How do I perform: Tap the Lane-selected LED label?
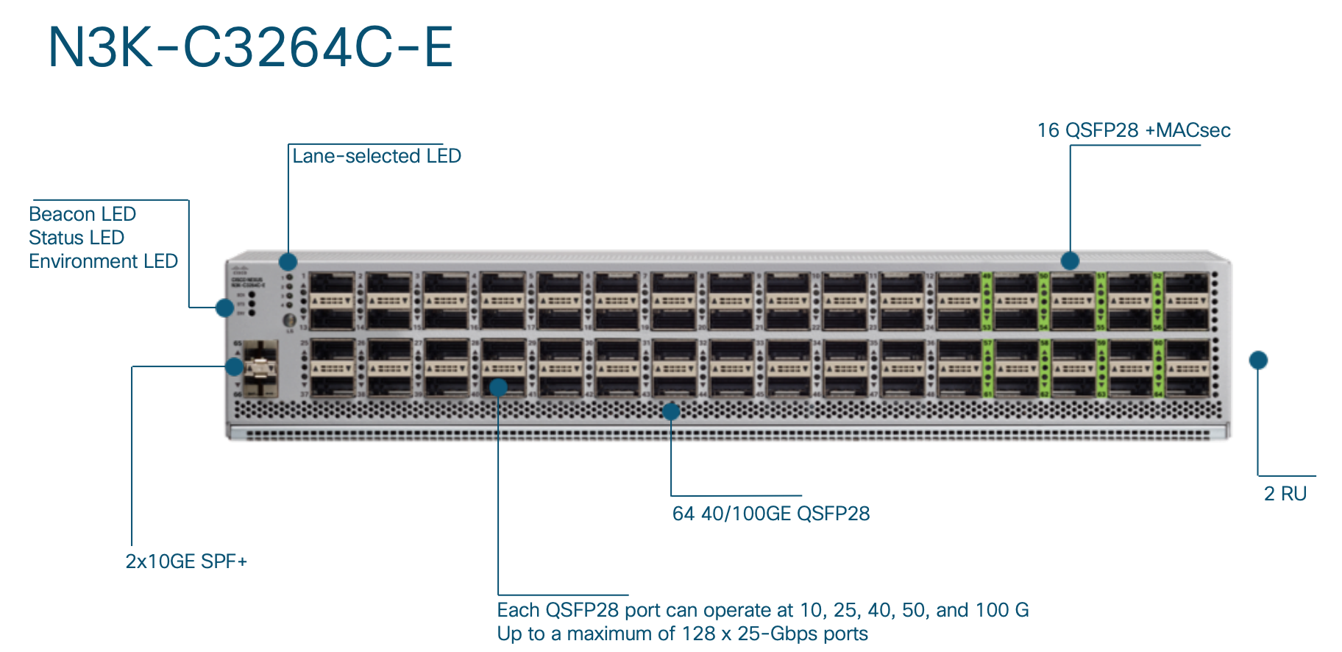click(x=376, y=156)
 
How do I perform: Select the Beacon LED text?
click(x=82, y=214)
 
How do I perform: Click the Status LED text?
click(x=77, y=238)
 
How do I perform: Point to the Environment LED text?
click(x=103, y=261)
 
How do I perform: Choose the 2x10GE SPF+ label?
click(x=186, y=561)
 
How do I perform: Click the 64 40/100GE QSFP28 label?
click(x=771, y=514)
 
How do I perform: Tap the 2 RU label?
click(x=1285, y=494)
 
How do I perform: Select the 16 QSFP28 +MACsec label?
click(x=1133, y=130)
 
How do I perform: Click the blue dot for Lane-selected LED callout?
click(x=288, y=261)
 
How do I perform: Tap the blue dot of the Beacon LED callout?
click(x=225, y=308)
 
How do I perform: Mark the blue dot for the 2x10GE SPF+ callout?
click(x=235, y=366)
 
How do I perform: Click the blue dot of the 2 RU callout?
click(x=1258, y=360)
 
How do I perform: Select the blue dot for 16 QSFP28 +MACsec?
click(x=1070, y=261)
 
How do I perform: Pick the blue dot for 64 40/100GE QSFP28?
click(x=671, y=411)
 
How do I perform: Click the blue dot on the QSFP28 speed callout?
click(x=498, y=387)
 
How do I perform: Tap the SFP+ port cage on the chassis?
click(x=260, y=368)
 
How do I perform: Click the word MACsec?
click(x=1193, y=130)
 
